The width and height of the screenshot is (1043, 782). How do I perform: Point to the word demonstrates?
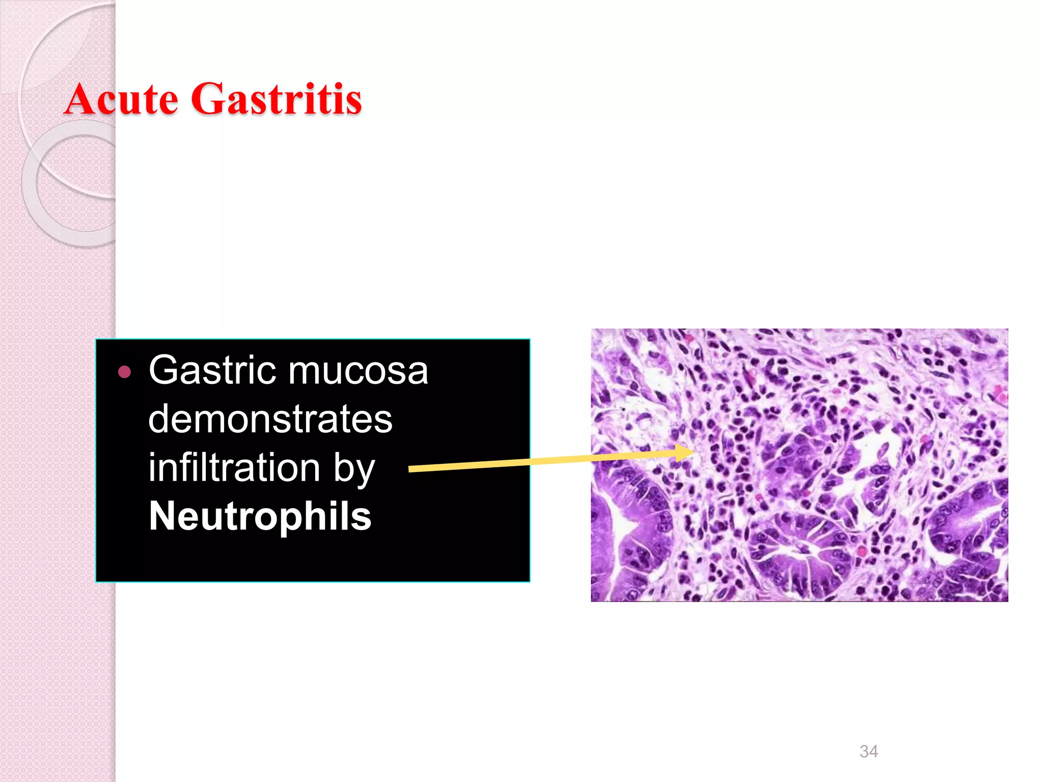(x=270, y=419)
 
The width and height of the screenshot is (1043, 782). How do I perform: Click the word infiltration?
(x=234, y=467)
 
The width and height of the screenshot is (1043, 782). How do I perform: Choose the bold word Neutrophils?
(x=260, y=516)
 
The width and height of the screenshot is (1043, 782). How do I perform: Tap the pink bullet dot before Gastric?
(x=124, y=372)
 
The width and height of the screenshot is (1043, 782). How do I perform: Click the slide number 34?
(x=868, y=751)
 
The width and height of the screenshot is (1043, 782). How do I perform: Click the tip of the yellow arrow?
(x=694, y=451)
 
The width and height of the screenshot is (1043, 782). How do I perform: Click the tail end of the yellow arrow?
(x=410, y=469)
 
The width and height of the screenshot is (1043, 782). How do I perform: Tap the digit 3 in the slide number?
(x=864, y=751)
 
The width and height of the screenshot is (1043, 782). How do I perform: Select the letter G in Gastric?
(x=163, y=371)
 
